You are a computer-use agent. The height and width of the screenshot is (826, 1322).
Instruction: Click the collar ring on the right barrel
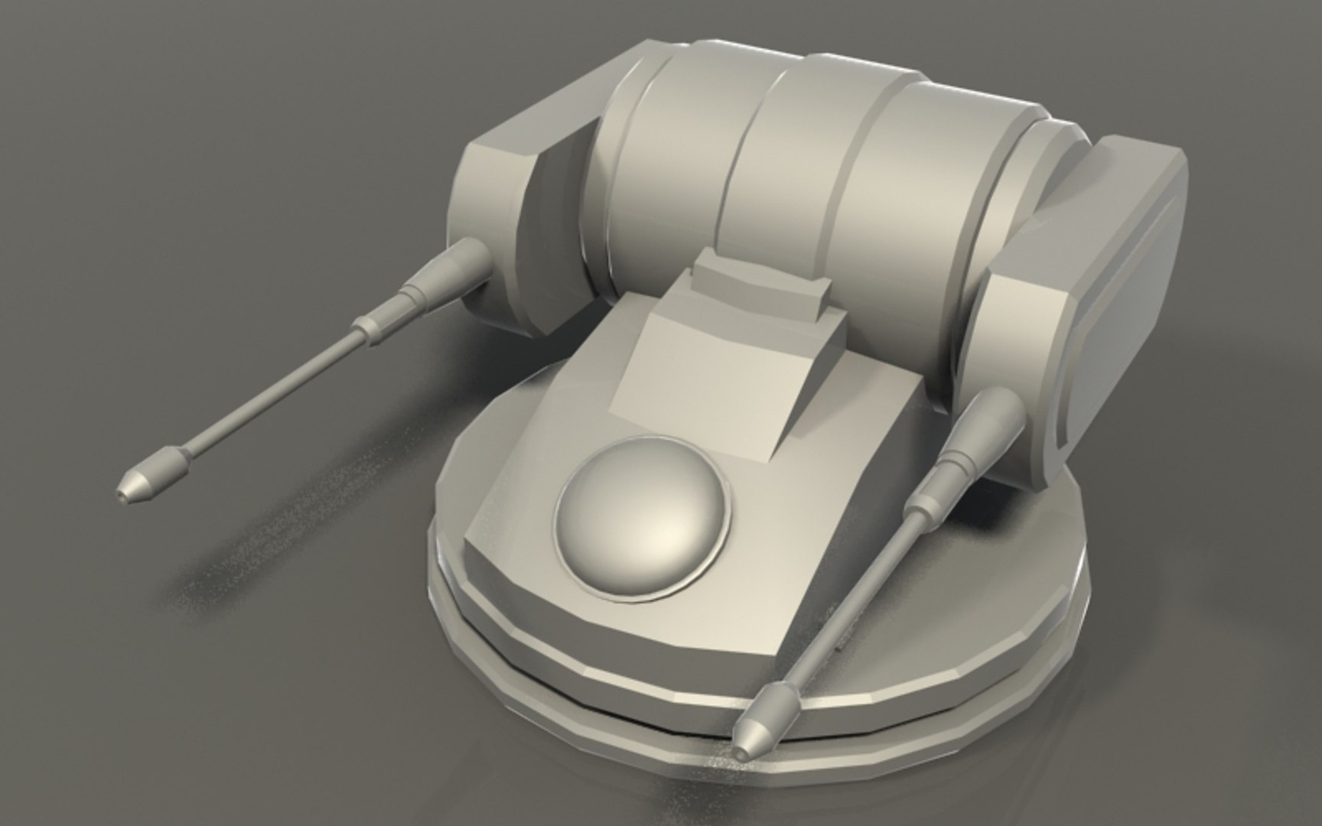tap(926, 506)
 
